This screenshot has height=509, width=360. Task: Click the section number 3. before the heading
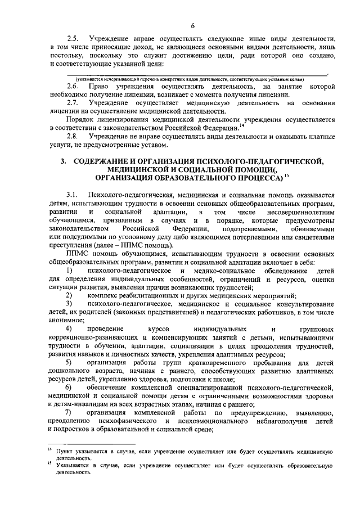click(64, 161)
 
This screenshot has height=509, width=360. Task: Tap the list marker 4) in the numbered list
click(70, 328)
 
